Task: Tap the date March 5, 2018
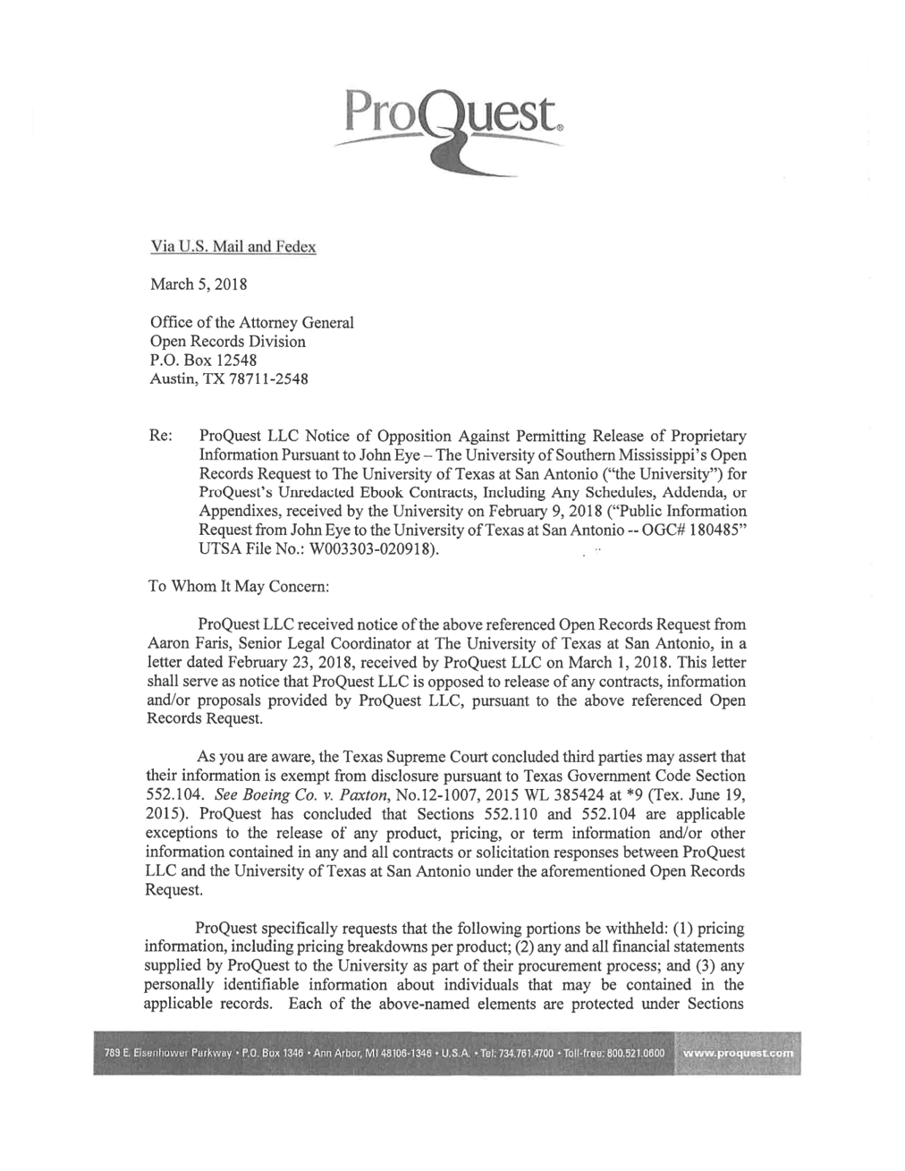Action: click(x=198, y=284)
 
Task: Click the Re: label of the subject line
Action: click(x=159, y=436)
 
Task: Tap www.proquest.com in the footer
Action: click(x=737, y=1053)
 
